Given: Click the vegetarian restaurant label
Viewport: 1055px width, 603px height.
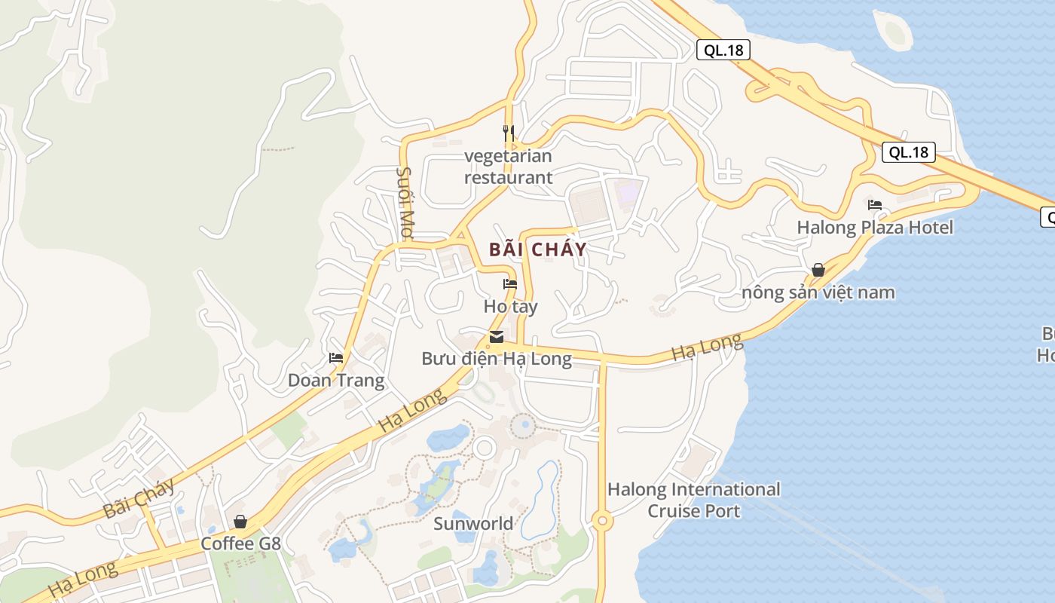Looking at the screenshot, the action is click(508, 167).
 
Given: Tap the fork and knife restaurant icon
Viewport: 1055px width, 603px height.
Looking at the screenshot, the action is click(509, 133).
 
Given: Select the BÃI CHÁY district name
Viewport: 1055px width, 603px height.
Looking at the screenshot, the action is click(537, 249).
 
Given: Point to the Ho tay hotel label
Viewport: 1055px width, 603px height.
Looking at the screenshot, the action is click(510, 307).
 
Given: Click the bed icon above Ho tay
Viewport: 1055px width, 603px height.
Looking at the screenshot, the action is click(510, 284).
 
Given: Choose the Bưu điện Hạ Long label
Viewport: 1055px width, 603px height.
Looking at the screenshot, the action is click(497, 358).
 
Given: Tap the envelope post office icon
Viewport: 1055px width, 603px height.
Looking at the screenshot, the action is click(497, 336).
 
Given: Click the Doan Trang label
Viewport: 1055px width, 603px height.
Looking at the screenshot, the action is click(336, 380).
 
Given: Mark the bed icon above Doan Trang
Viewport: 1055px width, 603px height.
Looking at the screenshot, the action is click(336, 357).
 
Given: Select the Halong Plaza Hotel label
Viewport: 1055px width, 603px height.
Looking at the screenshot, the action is click(875, 227).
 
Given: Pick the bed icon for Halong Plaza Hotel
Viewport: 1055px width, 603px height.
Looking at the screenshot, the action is click(875, 204).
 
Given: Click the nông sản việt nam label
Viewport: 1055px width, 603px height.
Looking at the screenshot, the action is click(818, 292).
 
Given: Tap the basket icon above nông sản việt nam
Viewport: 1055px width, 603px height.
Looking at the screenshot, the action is click(818, 269).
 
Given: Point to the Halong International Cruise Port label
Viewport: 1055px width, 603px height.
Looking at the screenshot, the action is click(694, 500).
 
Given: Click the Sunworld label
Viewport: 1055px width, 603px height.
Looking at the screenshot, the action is click(473, 522).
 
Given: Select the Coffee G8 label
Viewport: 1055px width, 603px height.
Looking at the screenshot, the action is click(240, 543).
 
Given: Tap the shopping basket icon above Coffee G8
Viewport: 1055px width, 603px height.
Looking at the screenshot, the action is click(240, 521).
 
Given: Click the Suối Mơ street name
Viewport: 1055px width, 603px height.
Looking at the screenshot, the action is click(405, 203).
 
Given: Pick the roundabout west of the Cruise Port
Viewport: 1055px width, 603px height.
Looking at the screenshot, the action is click(601, 520).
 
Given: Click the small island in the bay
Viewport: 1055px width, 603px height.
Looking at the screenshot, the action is click(894, 32).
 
